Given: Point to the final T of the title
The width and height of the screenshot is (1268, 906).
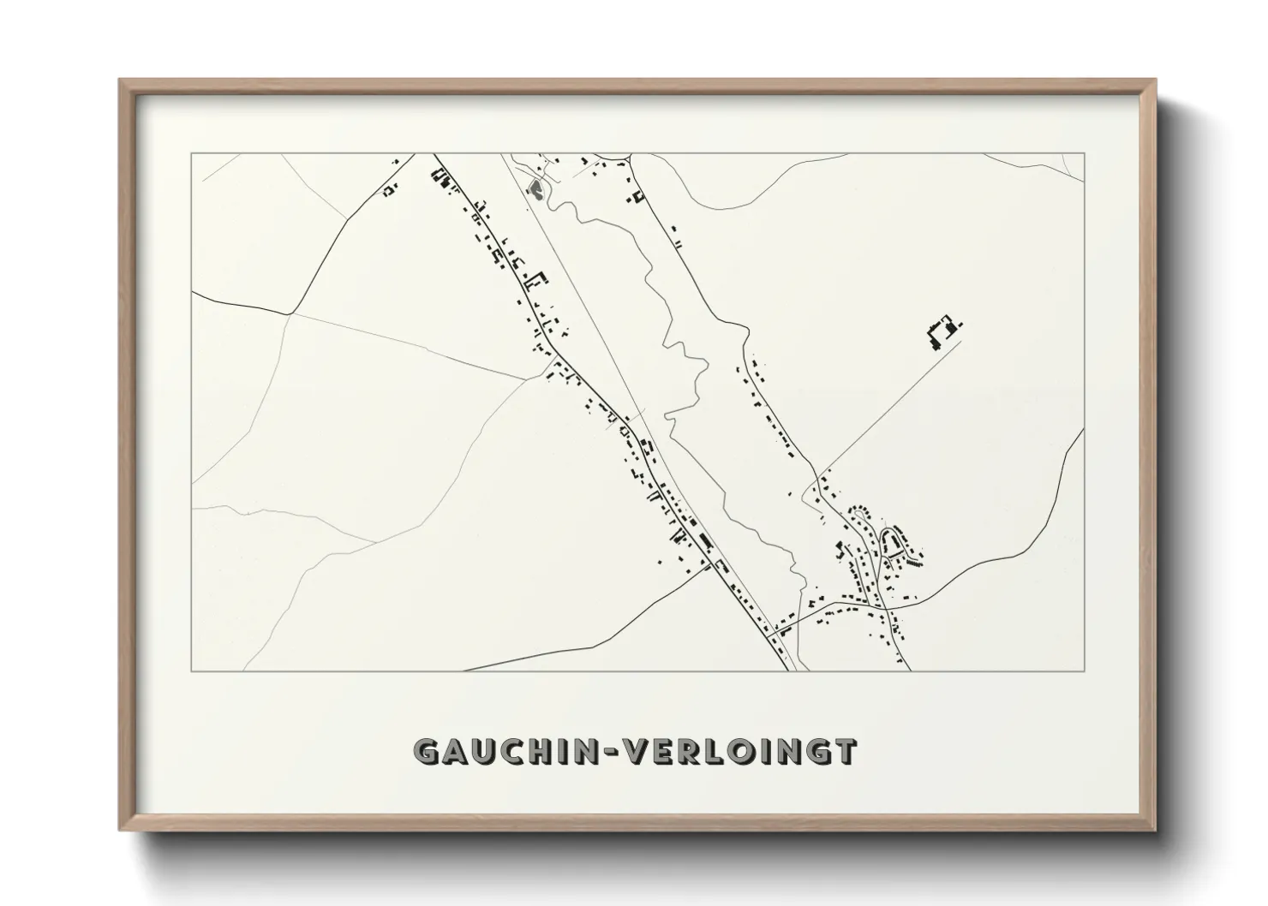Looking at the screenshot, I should click(845, 751).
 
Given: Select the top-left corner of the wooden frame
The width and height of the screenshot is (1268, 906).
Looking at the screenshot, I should click(121, 81).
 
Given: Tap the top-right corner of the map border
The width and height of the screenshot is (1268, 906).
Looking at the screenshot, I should click(1085, 153).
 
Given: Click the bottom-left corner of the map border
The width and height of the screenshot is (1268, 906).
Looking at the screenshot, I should click(191, 671).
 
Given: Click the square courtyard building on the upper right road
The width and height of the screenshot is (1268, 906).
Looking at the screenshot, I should click(638, 198).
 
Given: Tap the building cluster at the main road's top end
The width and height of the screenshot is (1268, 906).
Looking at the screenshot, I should click(442, 177).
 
